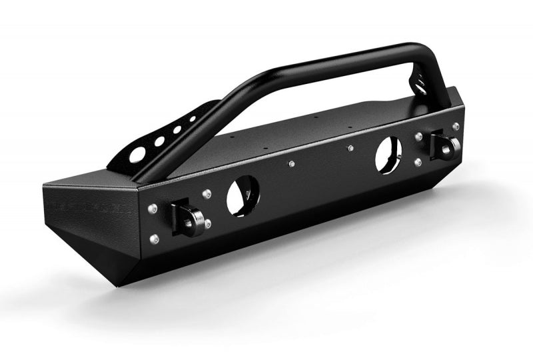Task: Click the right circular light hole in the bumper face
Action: click(388, 155)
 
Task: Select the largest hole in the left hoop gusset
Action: click(137, 155)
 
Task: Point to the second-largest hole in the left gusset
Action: click(161, 141)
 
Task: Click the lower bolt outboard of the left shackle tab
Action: click(155, 238)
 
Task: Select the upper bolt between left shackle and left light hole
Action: click(207, 194)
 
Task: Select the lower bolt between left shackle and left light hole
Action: click(209, 223)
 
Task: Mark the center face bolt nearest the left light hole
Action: click(291, 163)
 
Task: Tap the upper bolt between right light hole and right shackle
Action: click(418, 137)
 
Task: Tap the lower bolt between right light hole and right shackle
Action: click(418, 162)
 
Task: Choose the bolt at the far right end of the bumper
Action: click(456, 126)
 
